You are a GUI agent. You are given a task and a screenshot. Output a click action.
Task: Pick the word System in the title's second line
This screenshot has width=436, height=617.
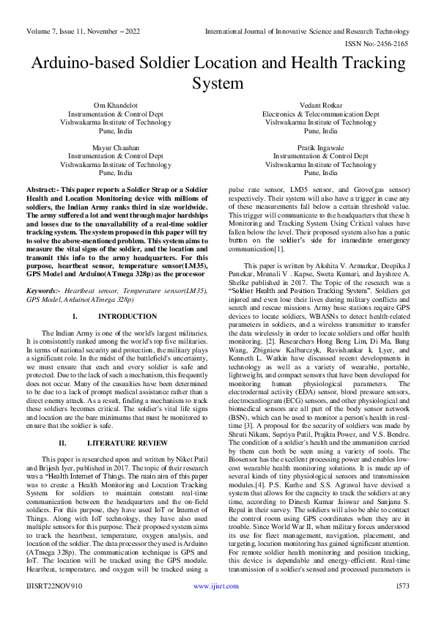point(218,84)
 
